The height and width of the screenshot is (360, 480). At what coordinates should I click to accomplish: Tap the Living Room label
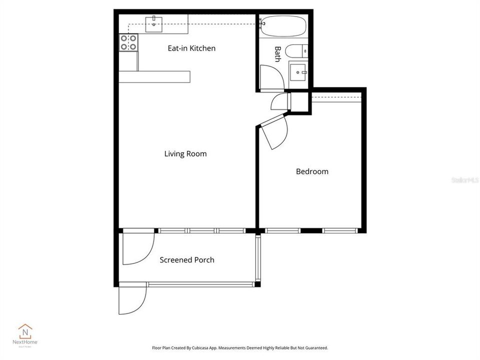[185, 154]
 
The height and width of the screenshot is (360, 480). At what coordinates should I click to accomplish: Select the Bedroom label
[312, 171]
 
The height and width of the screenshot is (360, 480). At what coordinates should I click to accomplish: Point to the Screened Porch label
[187, 260]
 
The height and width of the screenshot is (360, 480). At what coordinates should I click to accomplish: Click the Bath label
[277, 54]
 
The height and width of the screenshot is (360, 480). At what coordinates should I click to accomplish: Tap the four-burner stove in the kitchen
[128, 42]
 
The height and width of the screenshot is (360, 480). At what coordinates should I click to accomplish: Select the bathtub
[283, 26]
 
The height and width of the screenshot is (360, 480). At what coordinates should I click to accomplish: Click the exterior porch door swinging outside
[131, 300]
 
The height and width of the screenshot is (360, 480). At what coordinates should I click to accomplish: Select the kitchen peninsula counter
[154, 76]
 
